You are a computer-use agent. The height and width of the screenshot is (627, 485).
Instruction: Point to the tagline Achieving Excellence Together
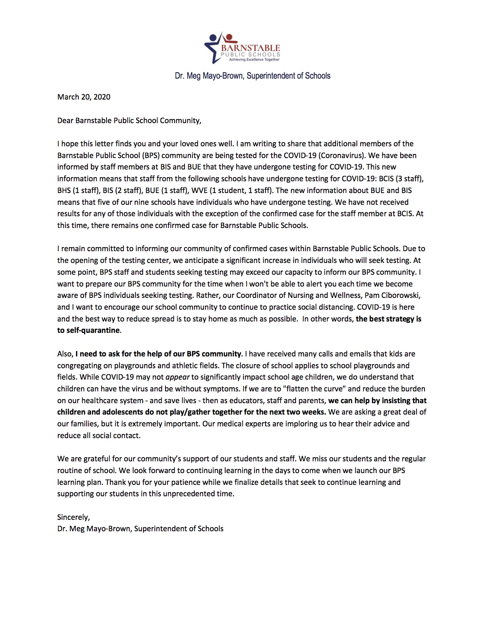pos(254,59)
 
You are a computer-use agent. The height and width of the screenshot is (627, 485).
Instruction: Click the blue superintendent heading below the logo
pos(253,76)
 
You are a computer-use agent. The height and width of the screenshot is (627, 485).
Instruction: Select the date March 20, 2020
pos(84,97)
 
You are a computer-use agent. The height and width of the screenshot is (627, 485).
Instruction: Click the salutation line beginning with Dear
pos(129,120)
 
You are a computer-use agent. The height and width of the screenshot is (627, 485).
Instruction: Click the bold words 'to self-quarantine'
pos(89,330)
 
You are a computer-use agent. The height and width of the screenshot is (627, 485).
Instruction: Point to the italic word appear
pos(177,377)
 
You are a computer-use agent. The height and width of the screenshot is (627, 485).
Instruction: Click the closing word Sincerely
pos(73,517)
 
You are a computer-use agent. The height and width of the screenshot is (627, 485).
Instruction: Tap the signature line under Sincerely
pos(140,529)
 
